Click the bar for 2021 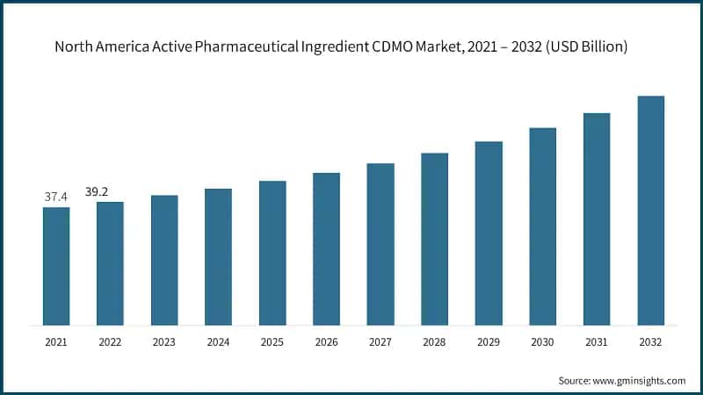coord(56,266)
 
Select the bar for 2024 coord(218,256)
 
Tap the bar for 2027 coord(380,244)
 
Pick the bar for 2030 coord(542,226)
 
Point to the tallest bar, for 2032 coord(650,211)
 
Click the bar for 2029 coord(489,233)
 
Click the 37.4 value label coord(56,197)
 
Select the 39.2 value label coord(110,191)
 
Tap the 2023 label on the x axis coord(164,341)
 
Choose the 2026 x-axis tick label coord(326,341)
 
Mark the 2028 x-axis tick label coord(434,341)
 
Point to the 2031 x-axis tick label coord(597,341)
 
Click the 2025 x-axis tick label coord(272,341)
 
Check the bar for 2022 coord(110,263)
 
